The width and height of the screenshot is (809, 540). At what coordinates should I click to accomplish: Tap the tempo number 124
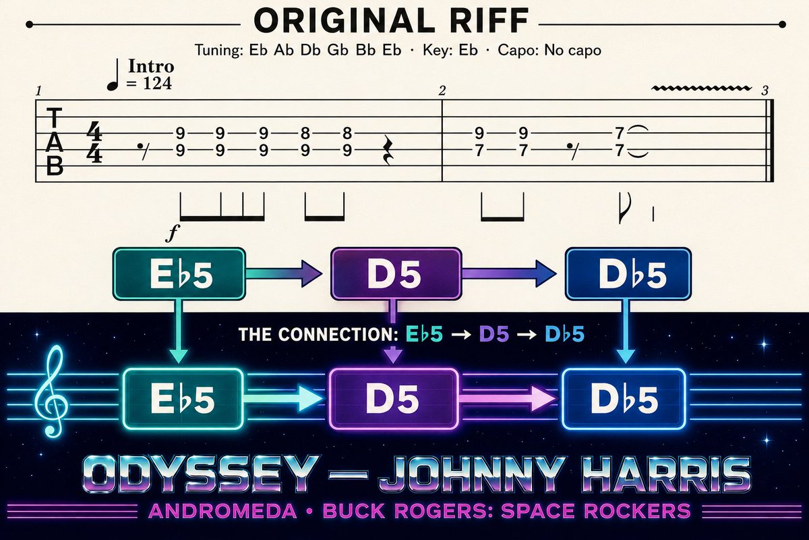pyautogui.click(x=158, y=84)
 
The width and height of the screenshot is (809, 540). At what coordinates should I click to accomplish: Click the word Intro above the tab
pyautogui.click(x=151, y=66)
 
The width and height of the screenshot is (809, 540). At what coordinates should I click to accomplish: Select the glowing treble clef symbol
pyautogui.click(x=52, y=391)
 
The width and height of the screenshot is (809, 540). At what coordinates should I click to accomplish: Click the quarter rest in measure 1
pyautogui.click(x=388, y=150)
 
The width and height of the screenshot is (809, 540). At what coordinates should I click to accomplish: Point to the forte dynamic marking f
pyautogui.click(x=173, y=234)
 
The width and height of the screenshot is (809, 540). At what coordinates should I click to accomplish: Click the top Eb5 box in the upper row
pyautogui.click(x=179, y=274)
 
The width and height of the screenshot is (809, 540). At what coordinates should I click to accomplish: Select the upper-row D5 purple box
pyautogui.click(x=396, y=274)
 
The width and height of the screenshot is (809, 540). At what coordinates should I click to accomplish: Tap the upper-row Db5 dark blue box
pyautogui.click(x=628, y=274)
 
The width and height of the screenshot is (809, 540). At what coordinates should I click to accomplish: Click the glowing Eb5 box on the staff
pyautogui.click(x=183, y=398)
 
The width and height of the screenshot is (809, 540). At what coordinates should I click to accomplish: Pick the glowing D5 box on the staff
pyautogui.click(x=394, y=398)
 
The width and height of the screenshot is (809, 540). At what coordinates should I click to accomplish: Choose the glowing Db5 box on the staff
pyautogui.click(x=624, y=398)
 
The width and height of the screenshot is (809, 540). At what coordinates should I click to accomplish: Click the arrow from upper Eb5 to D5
pyautogui.click(x=284, y=274)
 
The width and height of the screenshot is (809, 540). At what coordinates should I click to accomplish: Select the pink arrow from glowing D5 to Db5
pyautogui.click(x=507, y=398)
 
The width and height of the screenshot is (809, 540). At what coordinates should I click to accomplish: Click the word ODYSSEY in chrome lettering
pyautogui.click(x=199, y=474)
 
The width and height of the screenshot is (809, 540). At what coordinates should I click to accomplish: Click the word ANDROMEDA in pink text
pyautogui.click(x=222, y=511)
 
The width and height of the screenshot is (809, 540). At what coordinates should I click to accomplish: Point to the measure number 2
pyautogui.click(x=442, y=91)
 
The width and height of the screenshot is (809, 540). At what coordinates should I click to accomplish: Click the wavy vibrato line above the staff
pyautogui.click(x=701, y=88)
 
